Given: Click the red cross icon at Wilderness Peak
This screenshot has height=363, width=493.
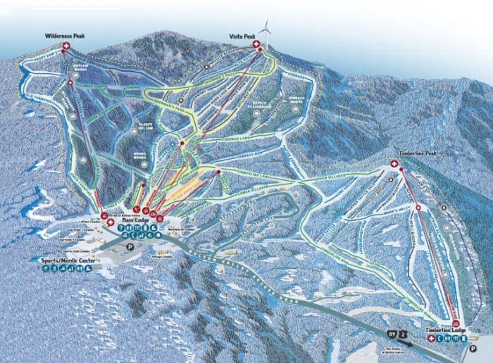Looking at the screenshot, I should point(67,46).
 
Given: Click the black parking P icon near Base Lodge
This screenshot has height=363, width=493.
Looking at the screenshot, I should point(128,247).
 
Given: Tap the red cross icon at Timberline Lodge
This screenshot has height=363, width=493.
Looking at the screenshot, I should point(431,338).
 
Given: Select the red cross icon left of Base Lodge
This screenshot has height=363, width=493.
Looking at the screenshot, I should point(111,222).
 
